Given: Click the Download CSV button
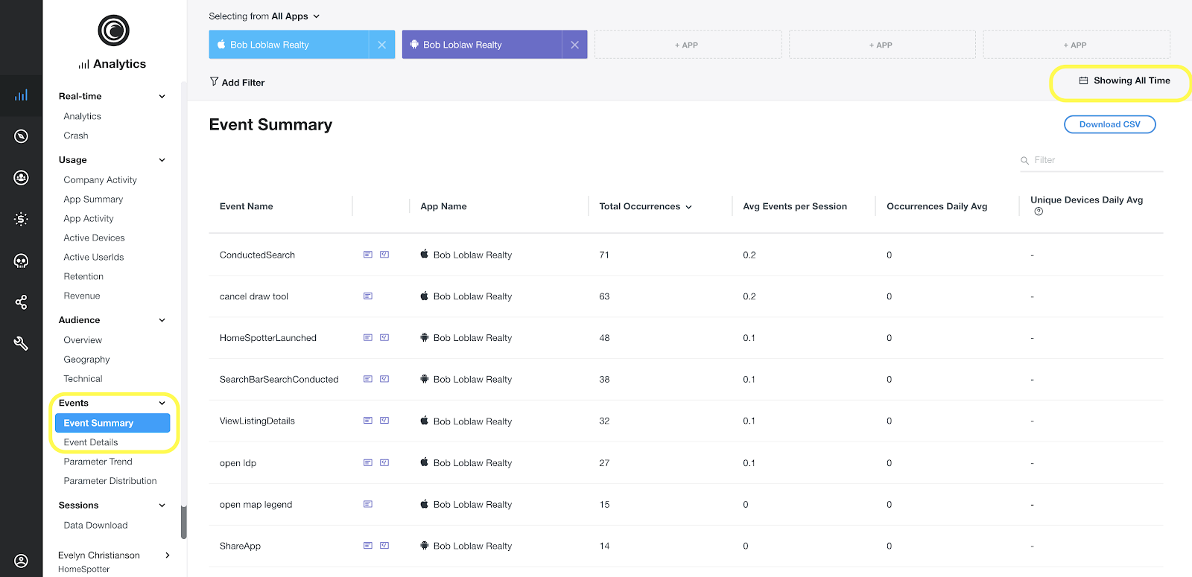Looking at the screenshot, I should coord(1109,124).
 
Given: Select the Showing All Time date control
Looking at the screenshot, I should coord(1124,81).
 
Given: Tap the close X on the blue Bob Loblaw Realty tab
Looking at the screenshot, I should coord(381,45).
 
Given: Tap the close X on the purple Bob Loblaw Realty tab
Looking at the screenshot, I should coord(574,45).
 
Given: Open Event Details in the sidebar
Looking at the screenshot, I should coord(91,442).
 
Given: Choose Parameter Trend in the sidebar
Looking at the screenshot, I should coord(98,462).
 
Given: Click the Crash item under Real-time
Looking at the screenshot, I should coord(76,136).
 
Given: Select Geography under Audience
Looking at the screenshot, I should coord(86,360).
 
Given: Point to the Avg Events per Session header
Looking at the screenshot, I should coord(794,207).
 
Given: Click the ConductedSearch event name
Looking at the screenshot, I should coord(257,255).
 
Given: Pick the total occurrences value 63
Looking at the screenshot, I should coord(604,296).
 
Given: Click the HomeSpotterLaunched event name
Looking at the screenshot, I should coord(267,338).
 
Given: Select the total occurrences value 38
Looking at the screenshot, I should coord(604,380).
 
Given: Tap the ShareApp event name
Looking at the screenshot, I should coord(240,546).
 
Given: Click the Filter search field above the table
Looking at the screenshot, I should coord(1095,160).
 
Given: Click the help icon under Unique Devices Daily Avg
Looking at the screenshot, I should coord(1039,211).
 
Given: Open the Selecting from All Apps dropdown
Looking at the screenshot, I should coord(264,16).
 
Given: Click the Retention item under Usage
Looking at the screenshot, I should coord(83,276).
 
